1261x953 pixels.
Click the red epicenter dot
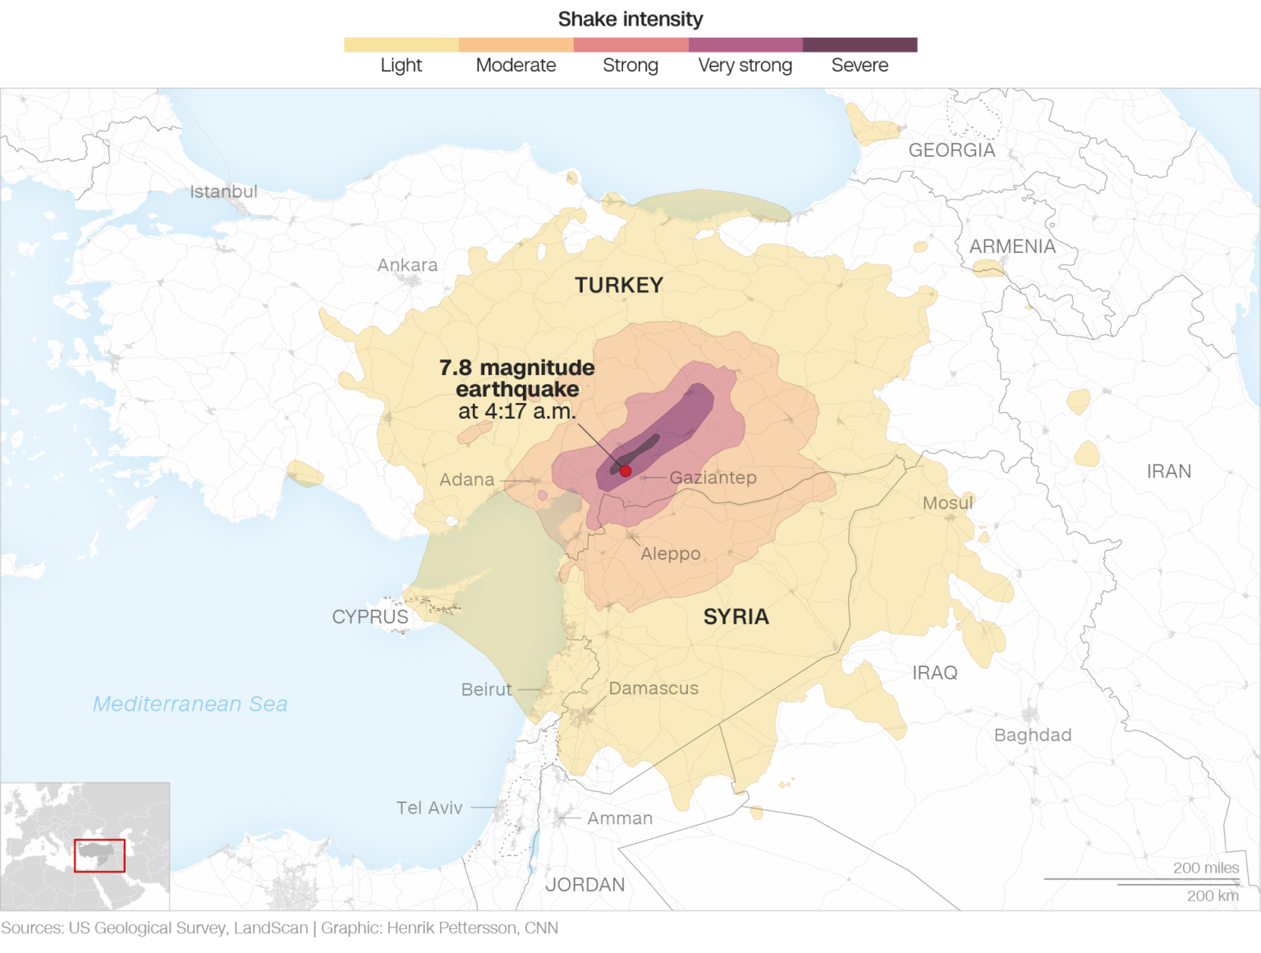click(626, 471)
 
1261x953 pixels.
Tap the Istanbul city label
click(223, 191)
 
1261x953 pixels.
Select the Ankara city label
click(407, 265)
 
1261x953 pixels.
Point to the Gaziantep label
click(713, 477)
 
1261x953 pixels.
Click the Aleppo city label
click(671, 553)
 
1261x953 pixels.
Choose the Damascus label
click(653, 688)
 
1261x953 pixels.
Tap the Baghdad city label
click(1033, 735)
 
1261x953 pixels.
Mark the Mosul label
click(947, 502)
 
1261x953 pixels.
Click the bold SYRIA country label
click(736, 616)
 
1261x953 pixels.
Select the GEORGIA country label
click(951, 150)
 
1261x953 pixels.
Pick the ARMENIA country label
click(1012, 246)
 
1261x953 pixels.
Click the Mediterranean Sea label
click(190, 703)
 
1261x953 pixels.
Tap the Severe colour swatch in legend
click(860, 45)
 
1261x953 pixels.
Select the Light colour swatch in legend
click(401, 45)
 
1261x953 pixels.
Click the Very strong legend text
click(745, 66)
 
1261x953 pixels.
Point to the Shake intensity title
click(630, 19)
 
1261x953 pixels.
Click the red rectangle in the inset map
click(99, 855)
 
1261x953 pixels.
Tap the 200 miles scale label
click(1205, 868)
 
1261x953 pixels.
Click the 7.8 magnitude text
click(516, 368)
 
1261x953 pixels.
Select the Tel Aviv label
click(429, 808)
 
